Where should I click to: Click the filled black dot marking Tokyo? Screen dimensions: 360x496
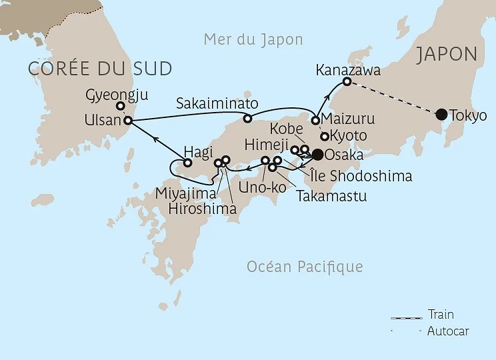point(441,114)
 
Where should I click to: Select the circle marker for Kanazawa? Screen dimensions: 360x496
point(347,82)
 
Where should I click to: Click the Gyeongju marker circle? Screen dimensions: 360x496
point(121,106)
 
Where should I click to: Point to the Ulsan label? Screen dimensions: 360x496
point(103,121)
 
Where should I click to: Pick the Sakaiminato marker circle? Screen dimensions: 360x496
point(247,119)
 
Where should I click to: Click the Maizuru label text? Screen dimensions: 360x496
point(348,119)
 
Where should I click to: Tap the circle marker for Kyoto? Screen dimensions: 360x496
point(325,136)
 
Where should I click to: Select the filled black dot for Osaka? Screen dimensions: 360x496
point(317,155)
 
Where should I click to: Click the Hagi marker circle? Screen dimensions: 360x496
point(188,163)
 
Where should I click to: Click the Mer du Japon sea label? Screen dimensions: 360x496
point(253,39)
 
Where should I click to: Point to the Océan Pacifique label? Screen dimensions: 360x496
point(305,267)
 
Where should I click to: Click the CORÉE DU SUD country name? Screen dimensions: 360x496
point(100,68)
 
